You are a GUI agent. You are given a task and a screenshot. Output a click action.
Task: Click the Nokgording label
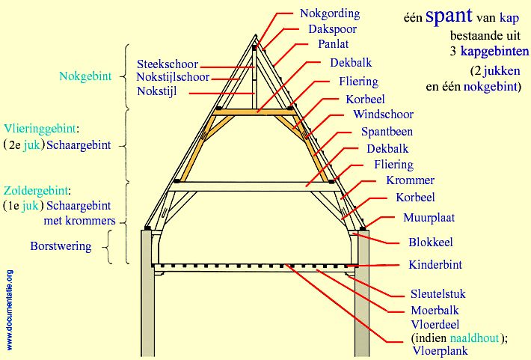pos(329,13)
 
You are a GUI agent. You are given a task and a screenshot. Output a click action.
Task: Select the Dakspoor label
pos(332,29)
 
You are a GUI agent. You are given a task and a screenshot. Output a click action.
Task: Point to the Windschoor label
pos(383,115)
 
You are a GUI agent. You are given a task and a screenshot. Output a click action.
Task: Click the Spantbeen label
pos(387,132)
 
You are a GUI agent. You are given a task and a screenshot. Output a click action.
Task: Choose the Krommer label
pos(410,180)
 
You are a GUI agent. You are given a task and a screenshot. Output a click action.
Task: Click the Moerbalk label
pos(435,310)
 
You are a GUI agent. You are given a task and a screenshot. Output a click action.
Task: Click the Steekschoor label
pos(168,64)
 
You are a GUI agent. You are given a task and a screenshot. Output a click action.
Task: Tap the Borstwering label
pos(61,245)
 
